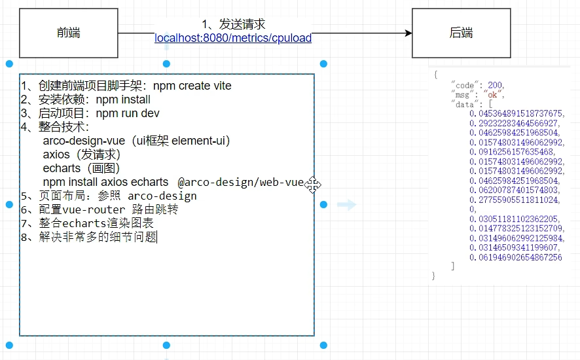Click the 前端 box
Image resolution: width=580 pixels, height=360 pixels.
[68, 33]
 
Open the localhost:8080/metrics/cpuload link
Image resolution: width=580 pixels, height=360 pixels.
[232, 38]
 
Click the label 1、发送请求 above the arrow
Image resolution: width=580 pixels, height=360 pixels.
[233, 24]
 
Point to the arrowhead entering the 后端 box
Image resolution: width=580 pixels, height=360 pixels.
[407, 33]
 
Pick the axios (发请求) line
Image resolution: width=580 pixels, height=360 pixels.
[82, 154]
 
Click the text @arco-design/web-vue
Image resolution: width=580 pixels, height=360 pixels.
[240, 182]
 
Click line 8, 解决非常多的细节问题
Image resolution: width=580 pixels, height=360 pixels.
[89, 237]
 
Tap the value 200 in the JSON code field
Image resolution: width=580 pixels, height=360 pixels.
[496, 85]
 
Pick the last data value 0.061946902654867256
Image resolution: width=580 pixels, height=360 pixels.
[515, 257]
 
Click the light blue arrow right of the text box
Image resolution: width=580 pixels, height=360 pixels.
[346, 205]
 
